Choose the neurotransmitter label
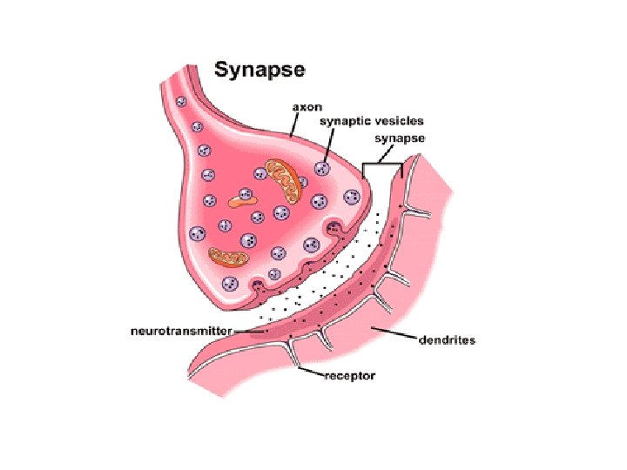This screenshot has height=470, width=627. [181, 332]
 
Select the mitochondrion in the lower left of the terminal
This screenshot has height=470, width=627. [228, 256]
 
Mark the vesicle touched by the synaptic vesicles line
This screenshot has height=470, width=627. [321, 168]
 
